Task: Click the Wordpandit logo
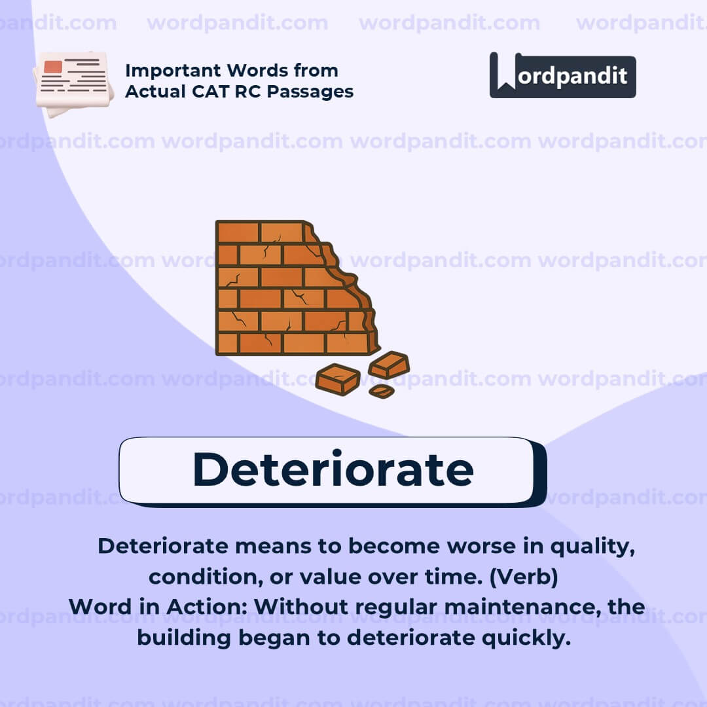tap(562, 75)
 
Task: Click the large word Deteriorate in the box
tap(333, 469)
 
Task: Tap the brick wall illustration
tap(295, 288)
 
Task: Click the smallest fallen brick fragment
tap(381, 391)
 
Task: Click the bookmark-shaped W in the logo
tap(505, 73)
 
